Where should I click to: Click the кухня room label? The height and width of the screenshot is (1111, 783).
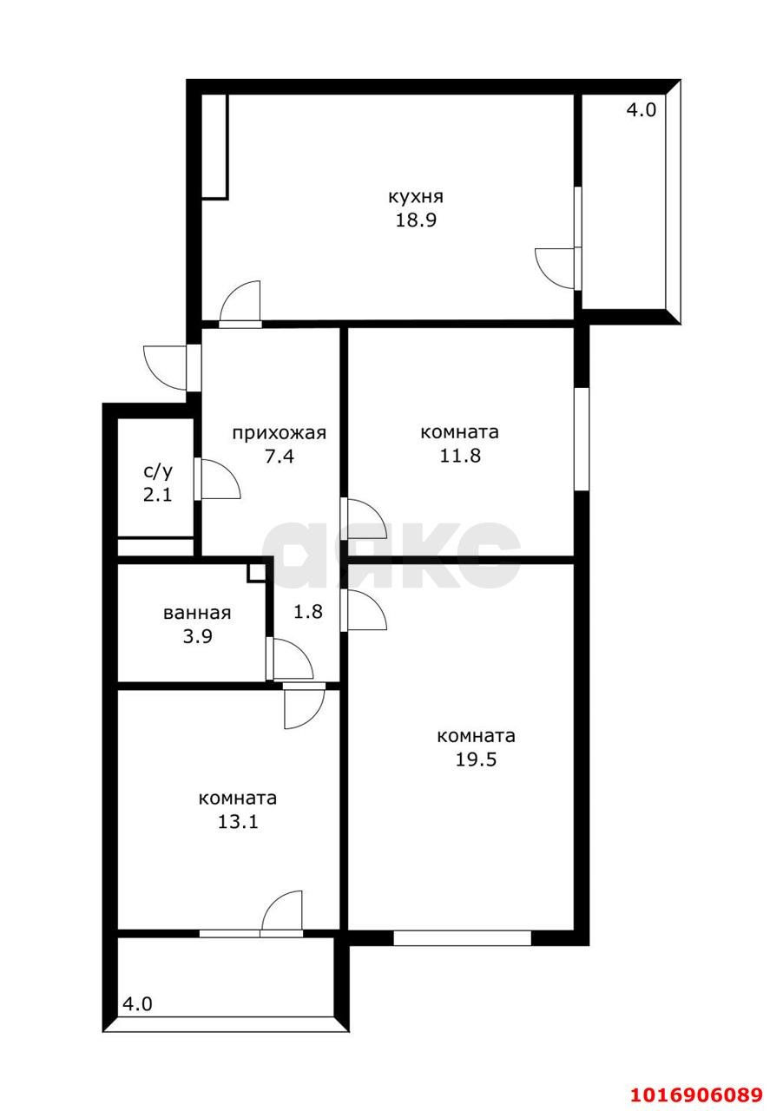415,197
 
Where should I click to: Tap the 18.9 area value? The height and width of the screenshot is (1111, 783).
416,220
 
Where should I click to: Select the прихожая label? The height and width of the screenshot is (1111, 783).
280,433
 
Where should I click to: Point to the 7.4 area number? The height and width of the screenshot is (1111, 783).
280,456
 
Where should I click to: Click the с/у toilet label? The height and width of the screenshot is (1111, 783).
158,471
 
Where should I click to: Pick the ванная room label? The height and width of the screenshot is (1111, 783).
197,613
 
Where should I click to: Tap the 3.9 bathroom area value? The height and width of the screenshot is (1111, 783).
198,636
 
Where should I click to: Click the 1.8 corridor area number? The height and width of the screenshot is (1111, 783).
308,612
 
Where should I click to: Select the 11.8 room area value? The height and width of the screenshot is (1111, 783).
460,456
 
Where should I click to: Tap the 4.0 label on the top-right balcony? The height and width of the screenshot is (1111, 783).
642,109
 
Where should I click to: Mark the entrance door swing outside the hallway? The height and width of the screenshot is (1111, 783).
165,368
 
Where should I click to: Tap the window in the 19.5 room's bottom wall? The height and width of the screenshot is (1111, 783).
462,937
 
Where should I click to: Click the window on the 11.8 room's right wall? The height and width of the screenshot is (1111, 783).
581,439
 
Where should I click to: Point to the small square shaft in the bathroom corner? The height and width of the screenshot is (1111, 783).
255,572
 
